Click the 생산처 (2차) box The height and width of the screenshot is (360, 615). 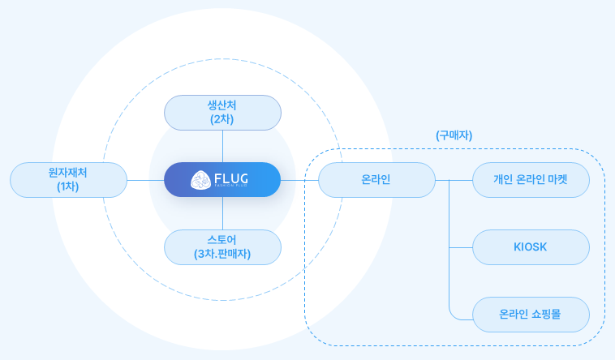click(222, 113)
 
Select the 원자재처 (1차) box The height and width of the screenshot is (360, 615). click(68, 180)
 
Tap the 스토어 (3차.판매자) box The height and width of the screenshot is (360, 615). click(222, 247)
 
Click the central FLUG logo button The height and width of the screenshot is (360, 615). click(222, 180)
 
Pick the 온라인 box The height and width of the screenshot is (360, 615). click(376, 180)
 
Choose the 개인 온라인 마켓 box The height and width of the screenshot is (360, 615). click(530, 180)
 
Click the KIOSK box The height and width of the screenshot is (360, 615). click(530, 247)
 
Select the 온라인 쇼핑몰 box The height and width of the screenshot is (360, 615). click(530, 314)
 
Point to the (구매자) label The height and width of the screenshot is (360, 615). click(454, 135)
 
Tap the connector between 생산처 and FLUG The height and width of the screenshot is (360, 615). click(222, 146)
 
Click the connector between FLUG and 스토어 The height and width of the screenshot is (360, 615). click(222, 214)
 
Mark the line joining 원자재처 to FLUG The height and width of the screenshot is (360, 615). click(145, 180)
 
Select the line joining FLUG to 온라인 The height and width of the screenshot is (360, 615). click(299, 180)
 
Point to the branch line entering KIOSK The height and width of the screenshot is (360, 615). click(460, 247)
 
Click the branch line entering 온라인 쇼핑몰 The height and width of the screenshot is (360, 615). click(460, 314)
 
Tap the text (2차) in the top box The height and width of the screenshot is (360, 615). click(222, 119)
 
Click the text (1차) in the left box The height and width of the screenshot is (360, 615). click(68, 186)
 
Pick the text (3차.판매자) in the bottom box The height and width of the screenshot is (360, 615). click(222, 254)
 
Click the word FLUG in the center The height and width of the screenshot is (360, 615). click(231, 178)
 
